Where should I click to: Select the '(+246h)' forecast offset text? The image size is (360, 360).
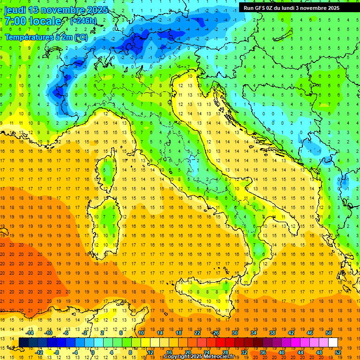[83, 21]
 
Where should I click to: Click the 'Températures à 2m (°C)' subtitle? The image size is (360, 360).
[46, 37]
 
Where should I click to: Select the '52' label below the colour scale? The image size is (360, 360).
[338, 352]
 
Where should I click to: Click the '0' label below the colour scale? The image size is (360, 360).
[93, 352]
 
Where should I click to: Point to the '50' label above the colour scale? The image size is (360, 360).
[329, 333]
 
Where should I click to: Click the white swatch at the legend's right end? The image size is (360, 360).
[333, 342]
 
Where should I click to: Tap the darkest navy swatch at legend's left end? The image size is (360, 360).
[23, 342]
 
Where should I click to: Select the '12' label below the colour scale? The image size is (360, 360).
[151, 352]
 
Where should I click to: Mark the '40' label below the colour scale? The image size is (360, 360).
[282, 352]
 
